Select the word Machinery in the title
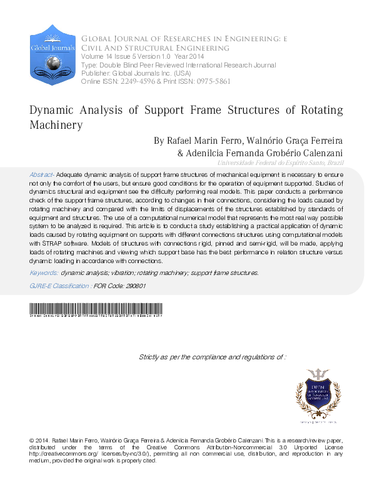56,125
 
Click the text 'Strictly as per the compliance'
188,357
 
